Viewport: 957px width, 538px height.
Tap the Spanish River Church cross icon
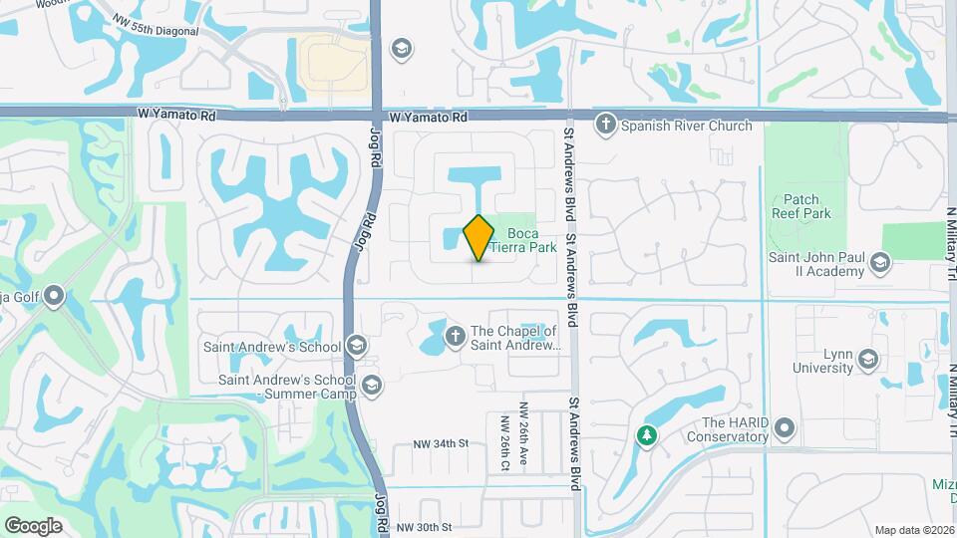[x=605, y=126]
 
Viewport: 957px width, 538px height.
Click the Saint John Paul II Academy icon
[x=879, y=263]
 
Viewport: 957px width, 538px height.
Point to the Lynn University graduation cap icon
[x=867, y=360]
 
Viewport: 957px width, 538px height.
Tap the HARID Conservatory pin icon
[x=785, y=429]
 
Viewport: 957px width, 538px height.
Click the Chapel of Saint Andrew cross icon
[x=455, y=338]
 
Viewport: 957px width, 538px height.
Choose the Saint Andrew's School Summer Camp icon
[x=372, y=385]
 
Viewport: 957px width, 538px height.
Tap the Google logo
[x=33, y=525]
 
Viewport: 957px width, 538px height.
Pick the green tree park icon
[x=647, y=435]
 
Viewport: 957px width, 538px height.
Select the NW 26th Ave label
[x=522, y=436]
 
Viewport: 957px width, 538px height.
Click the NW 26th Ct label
[x=504, y=442]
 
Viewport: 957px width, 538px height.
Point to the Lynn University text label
[x=822, y=361]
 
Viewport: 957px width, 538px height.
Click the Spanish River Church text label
[x=686, y=126]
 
